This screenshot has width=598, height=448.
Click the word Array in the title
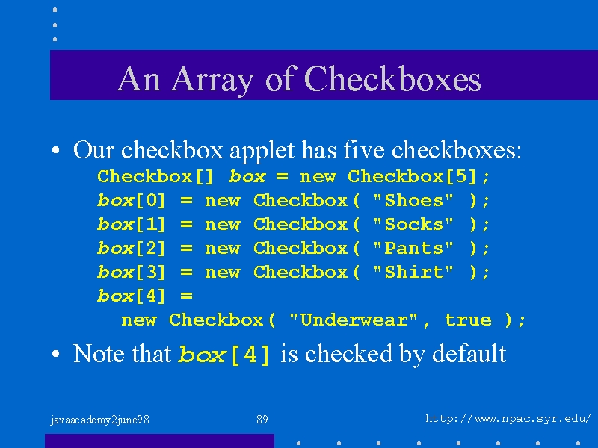(212, 79)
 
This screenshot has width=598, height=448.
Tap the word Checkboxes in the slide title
(393, 78)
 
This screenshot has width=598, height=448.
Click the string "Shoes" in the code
(413, 200)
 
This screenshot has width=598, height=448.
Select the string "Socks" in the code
(413, 224)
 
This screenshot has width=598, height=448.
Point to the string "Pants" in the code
(413, 248)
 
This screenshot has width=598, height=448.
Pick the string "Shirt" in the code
(413, 272)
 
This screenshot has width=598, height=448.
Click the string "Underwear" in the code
(354, 320)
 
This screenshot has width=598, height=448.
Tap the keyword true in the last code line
(469, 320)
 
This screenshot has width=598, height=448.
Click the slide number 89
(262, 420)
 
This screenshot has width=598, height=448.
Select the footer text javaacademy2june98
(100, 420)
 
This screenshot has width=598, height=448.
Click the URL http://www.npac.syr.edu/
(508, 419)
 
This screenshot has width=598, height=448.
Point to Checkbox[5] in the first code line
(413, 176)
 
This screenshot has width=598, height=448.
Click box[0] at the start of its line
(132, 200)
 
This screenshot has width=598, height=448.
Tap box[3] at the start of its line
(132, 272)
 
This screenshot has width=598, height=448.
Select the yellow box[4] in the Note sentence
(224, 354)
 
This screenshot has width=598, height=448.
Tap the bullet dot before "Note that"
(55, 354)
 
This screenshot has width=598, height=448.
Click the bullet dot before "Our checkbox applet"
(55, 150)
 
